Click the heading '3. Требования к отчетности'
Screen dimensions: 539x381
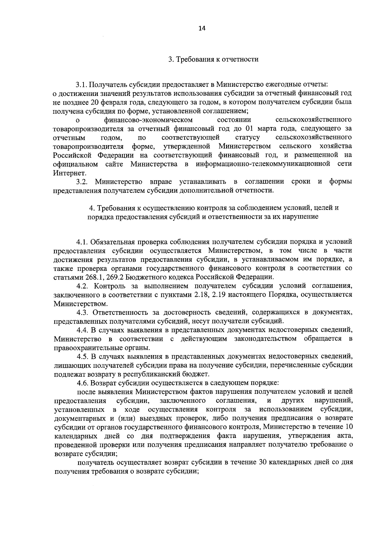pyautogui.click(x=213, y=59)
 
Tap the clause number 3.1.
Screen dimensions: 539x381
pyautogui.click(x=81, y=85)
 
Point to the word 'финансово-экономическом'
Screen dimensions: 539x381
pyautogui.click(x=148, y=120)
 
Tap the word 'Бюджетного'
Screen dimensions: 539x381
pyautogui.click(x=143, y=277)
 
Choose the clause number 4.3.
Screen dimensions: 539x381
pyautogui.click(x=82, y=312)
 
